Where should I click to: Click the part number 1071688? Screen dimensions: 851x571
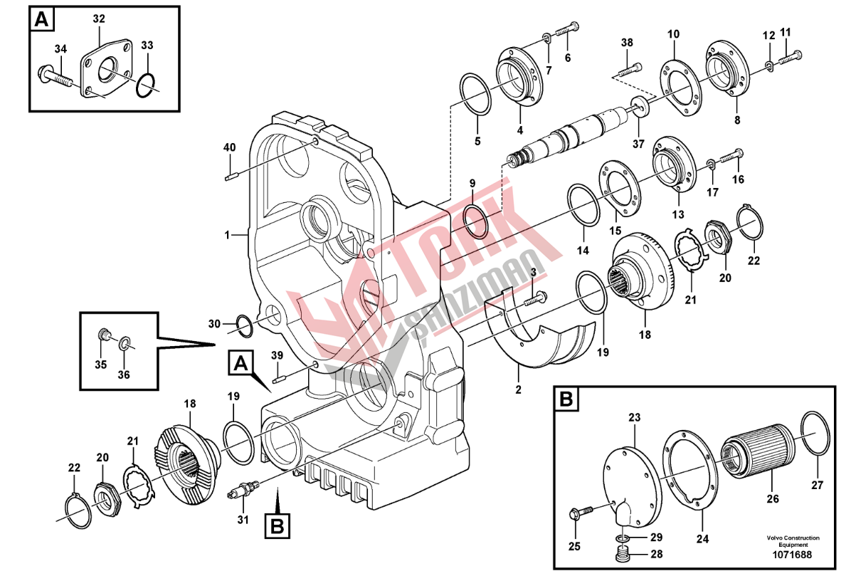793,555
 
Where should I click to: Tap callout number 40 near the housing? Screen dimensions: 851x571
230,147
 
